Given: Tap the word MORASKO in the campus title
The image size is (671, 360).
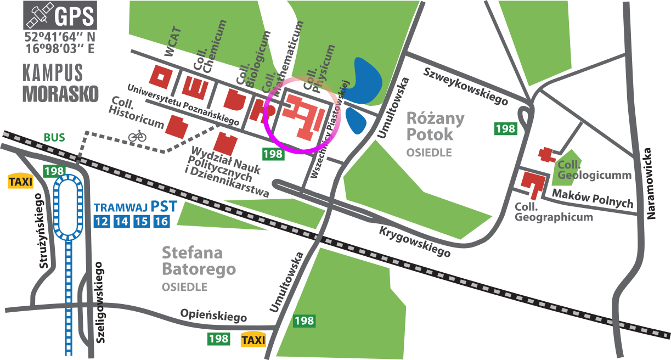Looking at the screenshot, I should [x=60, y=94].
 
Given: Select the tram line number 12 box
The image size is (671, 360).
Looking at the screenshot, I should [x=102, y=222].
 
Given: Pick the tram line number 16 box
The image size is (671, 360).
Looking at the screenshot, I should [x=161, y=222].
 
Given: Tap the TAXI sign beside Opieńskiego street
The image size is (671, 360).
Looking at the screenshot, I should [x=253, y=340].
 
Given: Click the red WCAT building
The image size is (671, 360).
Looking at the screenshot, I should [x=162, y=78].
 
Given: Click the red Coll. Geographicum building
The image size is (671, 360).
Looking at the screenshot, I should [x=533, y=184].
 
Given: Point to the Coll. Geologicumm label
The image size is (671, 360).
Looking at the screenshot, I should [x=594, y=170].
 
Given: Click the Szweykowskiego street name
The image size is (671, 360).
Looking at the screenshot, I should [x=465, y=87].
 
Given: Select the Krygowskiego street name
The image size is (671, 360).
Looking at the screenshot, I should [x=415, y=242].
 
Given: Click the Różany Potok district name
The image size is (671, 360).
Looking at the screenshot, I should [x=437, y=126].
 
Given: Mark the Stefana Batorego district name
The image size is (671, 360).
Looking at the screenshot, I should [x=198, y=261].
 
